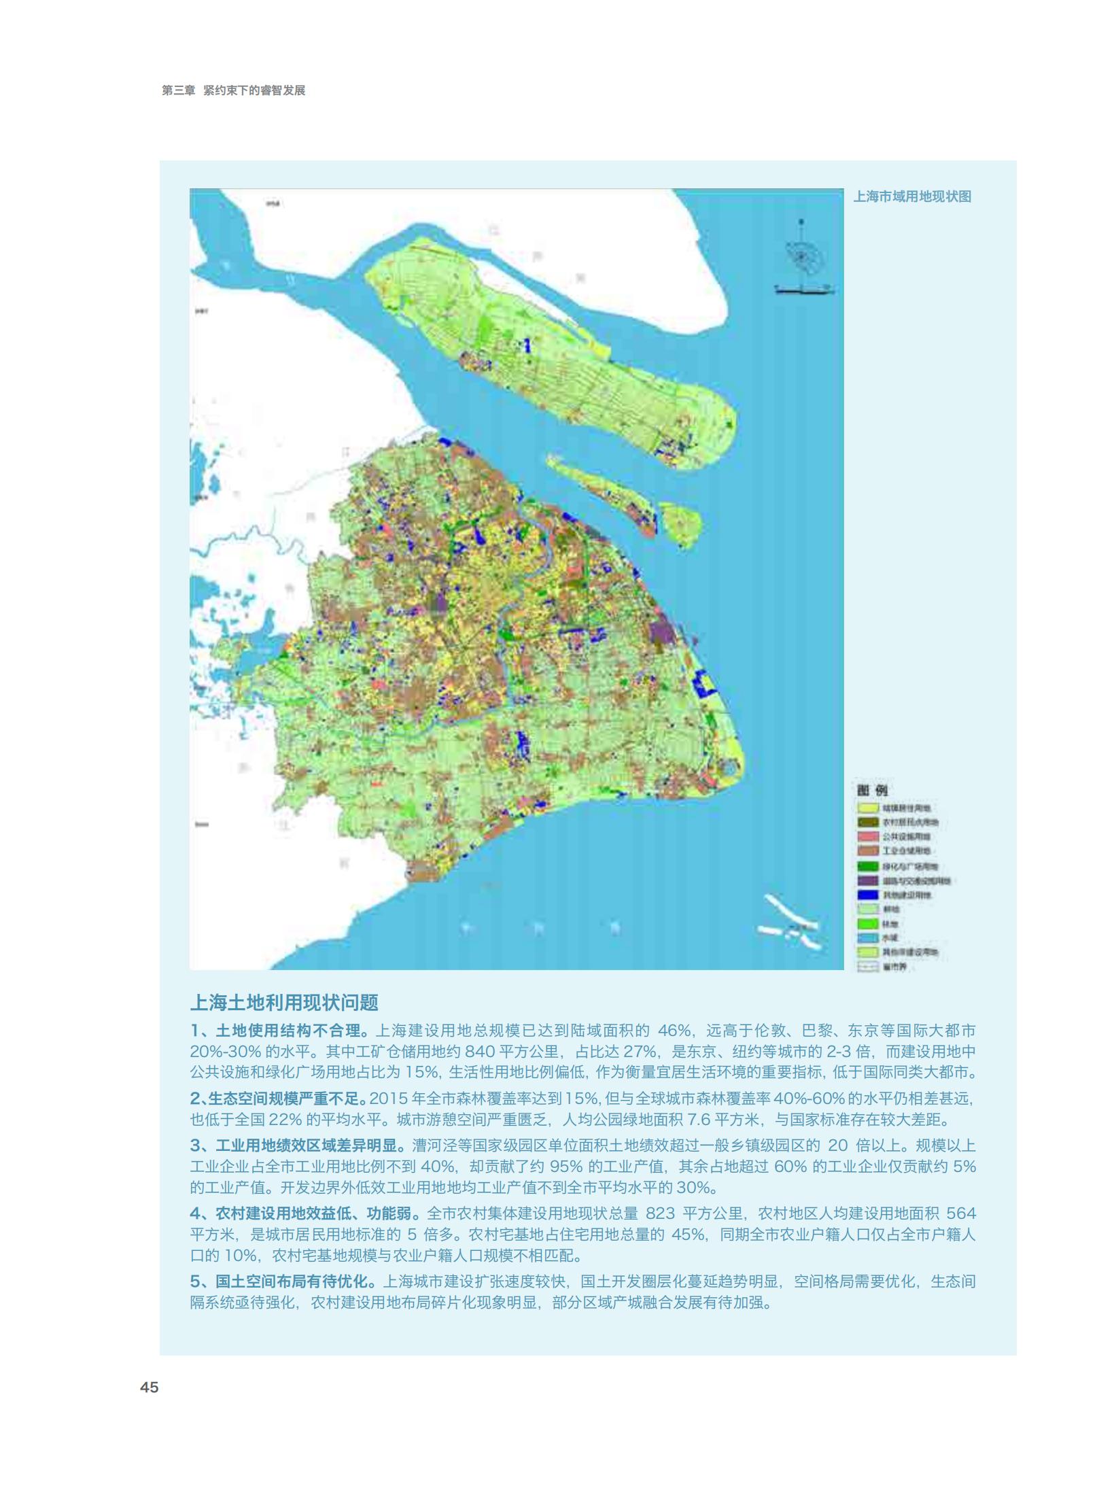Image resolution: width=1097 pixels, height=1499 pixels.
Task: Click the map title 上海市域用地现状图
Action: (x=912, y=196)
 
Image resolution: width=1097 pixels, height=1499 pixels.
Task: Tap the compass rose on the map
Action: (x=802, y=257)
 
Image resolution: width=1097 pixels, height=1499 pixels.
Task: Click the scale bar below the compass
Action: (x=804, y=290)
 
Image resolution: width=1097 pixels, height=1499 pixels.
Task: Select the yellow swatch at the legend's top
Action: (x=867, y=808)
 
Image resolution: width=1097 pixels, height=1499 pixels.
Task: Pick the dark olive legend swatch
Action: (x=867, y=823)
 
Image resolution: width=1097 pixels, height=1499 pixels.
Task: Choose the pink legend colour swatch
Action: (x=867, y=837)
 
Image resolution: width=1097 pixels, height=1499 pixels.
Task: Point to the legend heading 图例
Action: (x=872, y=790)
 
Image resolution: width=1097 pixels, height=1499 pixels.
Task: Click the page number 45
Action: (x=149, y=1388)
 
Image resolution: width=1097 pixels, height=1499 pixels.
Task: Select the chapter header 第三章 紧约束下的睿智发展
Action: (x=233, y=90)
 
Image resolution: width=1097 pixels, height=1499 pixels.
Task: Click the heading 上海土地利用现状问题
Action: (x=283, y=1003)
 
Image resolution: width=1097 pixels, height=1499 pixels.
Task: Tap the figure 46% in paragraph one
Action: (x=674, y=1031)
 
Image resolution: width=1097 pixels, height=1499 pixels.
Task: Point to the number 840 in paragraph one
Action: (x=479, y=1052)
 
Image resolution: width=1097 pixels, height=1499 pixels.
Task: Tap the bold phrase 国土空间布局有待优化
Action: (x=294, y=1281)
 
